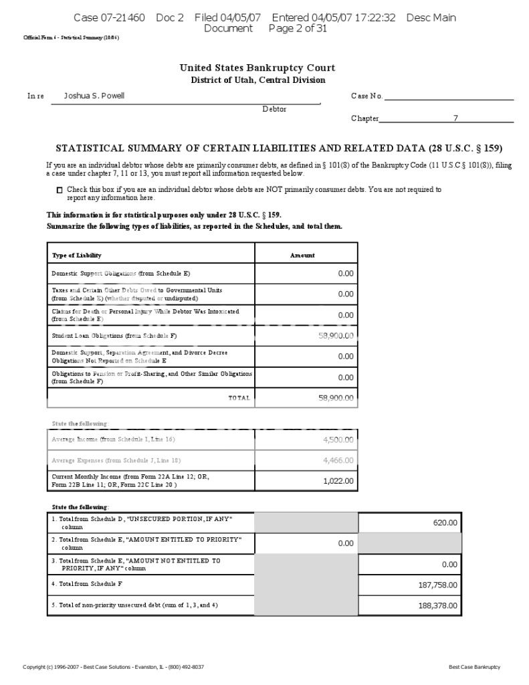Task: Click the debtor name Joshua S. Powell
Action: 94,96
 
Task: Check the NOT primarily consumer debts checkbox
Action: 60,191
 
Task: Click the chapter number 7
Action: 455,118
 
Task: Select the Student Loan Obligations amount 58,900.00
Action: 336,336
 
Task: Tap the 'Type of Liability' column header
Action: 77,256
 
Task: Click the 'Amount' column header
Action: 302,256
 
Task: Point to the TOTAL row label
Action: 239,398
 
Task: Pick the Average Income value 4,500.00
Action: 338,439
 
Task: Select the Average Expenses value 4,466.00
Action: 338,460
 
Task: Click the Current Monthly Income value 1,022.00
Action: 338,481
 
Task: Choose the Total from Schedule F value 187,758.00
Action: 438,585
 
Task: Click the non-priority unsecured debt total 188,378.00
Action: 438,605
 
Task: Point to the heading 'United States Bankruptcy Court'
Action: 257,68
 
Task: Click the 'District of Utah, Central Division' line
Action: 257,80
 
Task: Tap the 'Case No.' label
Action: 366,96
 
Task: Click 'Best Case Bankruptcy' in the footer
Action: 474,667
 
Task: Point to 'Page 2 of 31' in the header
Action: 298,28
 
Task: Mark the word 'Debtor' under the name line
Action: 274,109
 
